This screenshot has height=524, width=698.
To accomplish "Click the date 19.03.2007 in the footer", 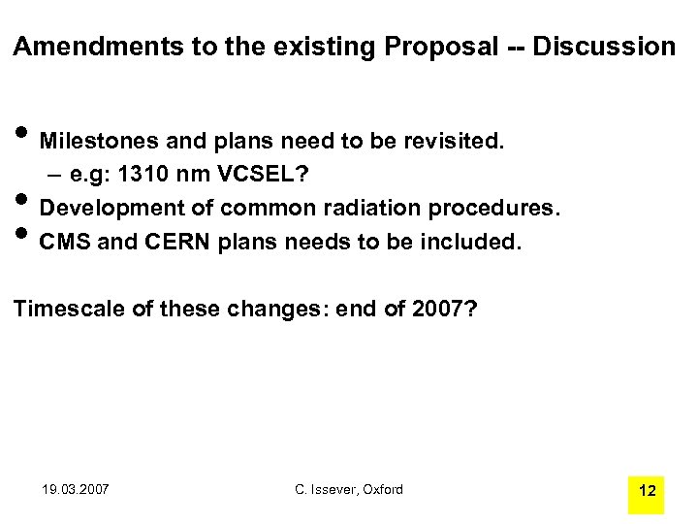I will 77,489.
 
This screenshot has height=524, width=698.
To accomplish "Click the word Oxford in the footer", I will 380,489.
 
